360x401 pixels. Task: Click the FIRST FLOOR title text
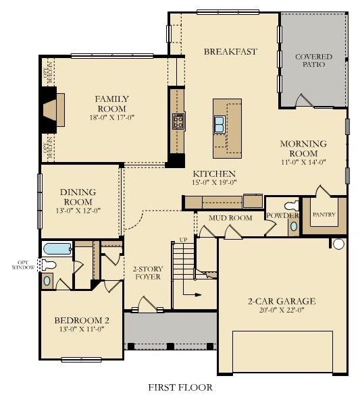pyautogui.click(x=180, y=387)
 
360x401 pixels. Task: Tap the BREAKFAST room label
pyautogui.click(x=230, y=51)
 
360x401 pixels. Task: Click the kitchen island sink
pyautogui.click(x=220, y=124)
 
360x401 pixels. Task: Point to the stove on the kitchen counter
pyautogui.click(x=178, y=122)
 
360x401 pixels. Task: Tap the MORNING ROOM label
pyautogui.click(x=304, y=149)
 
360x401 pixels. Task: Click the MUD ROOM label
pyautogui.click(x=230, y=218)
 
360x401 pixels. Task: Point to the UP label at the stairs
pyautogui.click(x=182, y=240)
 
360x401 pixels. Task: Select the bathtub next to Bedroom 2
pyautogui.click(x=54, y=249)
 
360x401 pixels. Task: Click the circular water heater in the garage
pyautogui.click(x=338, y=244)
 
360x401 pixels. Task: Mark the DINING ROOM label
pyautogui.click(x=78, y=196)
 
